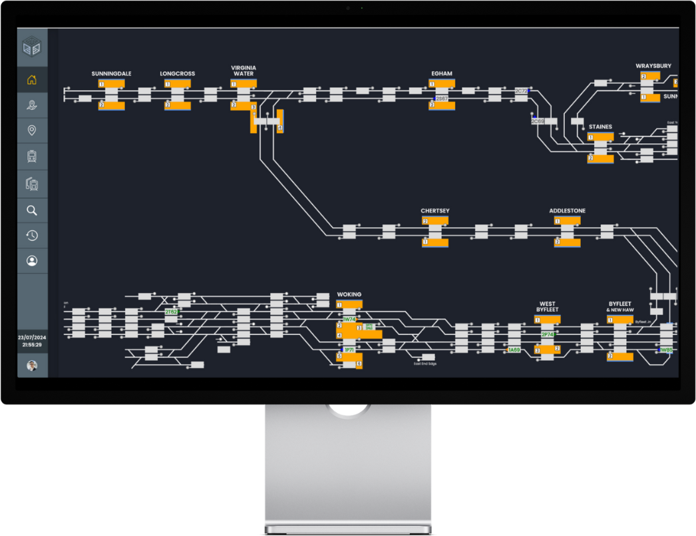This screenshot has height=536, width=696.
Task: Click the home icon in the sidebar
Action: [31, 81]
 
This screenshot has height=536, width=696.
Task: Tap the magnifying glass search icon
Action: [31, 210]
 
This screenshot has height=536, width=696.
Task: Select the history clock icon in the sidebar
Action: [31, 236]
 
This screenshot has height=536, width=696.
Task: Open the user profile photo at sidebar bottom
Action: [31, 366]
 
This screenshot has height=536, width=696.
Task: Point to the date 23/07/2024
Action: [32, 338]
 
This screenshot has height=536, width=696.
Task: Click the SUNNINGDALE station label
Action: [111, 74]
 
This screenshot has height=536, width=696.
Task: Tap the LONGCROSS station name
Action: [178, 74]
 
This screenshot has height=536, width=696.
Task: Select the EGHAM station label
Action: [441, 74]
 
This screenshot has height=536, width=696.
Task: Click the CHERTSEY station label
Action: [435, 211]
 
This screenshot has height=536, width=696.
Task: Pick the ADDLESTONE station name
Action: [567, 211]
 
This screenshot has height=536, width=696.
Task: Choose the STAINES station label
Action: [600, 127]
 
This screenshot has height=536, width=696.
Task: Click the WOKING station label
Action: [349, 294]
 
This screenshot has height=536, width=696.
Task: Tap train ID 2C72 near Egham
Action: [522, 91]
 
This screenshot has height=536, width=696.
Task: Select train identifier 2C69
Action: [538, 121]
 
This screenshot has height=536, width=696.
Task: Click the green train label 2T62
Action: [172, 312]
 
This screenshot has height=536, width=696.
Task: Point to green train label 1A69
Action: [514, 350]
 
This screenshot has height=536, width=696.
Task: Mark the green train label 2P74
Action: [548, 334]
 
